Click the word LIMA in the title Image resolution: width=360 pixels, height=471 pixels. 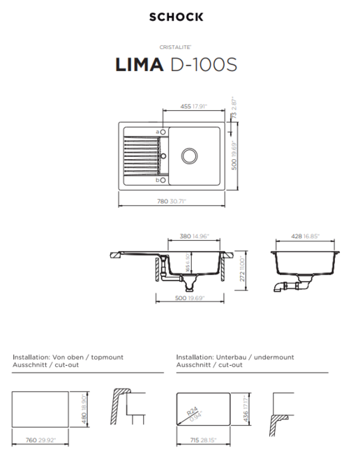139,65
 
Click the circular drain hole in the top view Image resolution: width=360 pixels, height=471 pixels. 189,154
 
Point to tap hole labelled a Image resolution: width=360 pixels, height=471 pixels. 163,132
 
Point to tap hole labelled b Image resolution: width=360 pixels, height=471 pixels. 163,180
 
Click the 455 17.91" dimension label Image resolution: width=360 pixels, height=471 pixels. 191,107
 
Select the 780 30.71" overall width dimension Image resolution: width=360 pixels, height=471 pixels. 171,202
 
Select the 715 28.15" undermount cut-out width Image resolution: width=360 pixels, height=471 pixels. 204,441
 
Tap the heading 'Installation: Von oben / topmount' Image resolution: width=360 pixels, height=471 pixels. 68,357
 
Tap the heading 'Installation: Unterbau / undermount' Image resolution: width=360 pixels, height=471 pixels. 235,357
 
